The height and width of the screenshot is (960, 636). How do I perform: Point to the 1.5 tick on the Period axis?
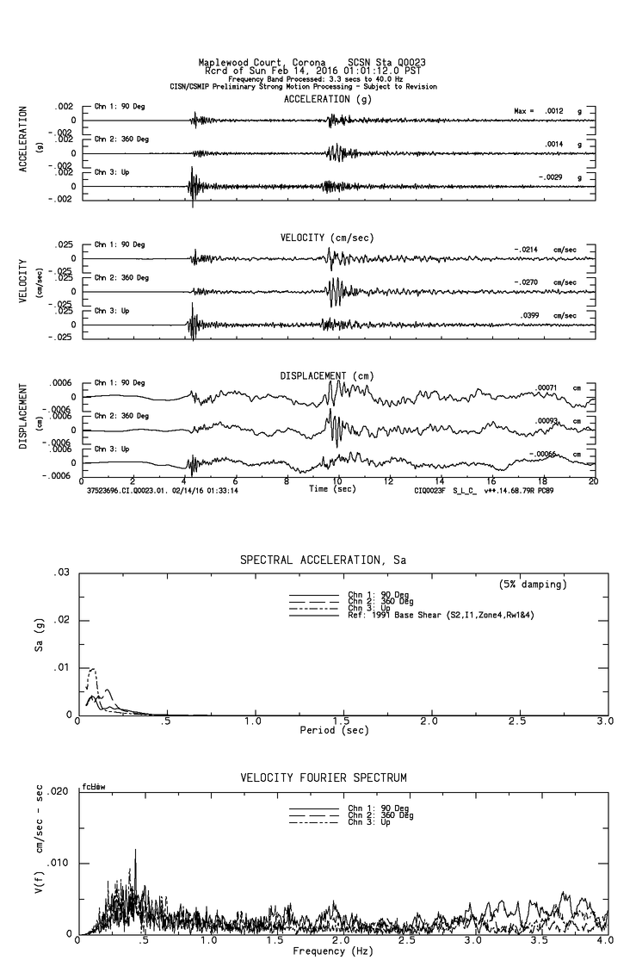point(342,721)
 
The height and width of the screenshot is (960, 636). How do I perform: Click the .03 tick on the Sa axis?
point(61,573)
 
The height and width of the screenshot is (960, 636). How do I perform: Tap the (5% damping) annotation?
point(533,585)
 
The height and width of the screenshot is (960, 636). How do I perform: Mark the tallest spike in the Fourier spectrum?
point(134,850)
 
